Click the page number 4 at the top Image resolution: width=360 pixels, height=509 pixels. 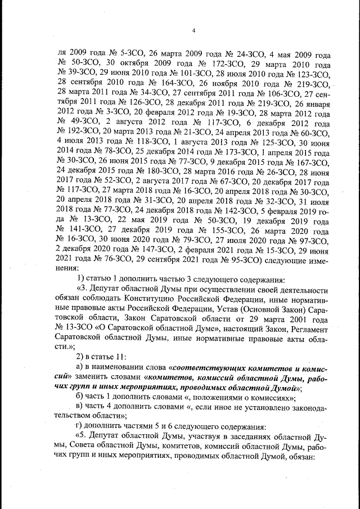click(x=193, y=30)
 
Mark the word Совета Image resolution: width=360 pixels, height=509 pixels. click(x=97, y=447)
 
